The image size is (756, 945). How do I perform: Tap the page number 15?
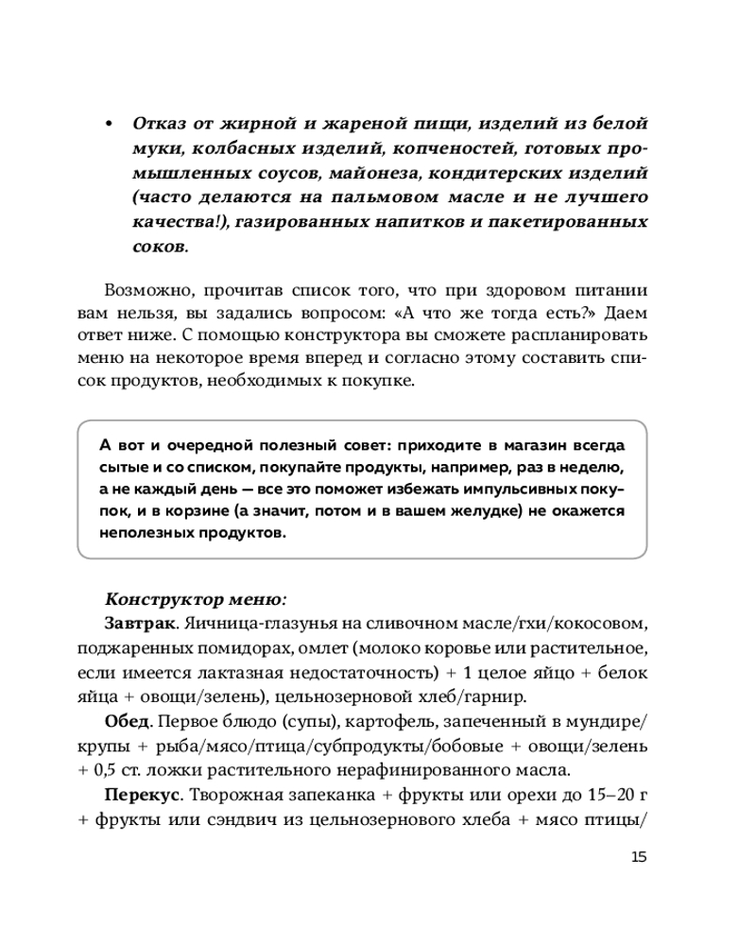coord(638,857)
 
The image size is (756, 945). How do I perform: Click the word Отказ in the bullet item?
coord(161,125)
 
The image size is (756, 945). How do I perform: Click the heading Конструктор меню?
coord(195,599)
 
